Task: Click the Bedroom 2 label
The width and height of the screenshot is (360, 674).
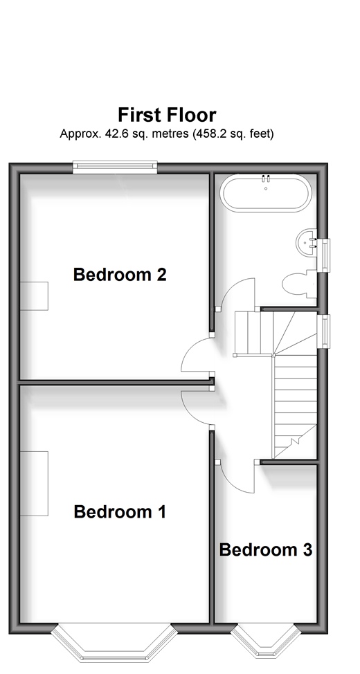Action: pos(120,274)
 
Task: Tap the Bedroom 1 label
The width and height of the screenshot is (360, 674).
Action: pos(120,511)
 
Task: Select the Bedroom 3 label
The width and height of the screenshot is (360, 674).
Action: pos(265,549)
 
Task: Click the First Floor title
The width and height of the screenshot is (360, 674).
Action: pos(167,115)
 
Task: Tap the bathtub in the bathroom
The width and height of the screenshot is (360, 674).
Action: pos(265,194)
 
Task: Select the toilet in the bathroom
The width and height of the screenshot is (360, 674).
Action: pos(300,284)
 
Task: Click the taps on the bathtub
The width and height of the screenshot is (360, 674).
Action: pos(266,177)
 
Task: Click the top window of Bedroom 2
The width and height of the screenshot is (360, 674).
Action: pos(115,167)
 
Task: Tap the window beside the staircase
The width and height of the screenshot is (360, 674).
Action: pos(325,329)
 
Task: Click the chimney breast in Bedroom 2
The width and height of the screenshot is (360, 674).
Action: pos(34,295)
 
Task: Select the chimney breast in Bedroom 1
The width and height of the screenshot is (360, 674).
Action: pos(34,483)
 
